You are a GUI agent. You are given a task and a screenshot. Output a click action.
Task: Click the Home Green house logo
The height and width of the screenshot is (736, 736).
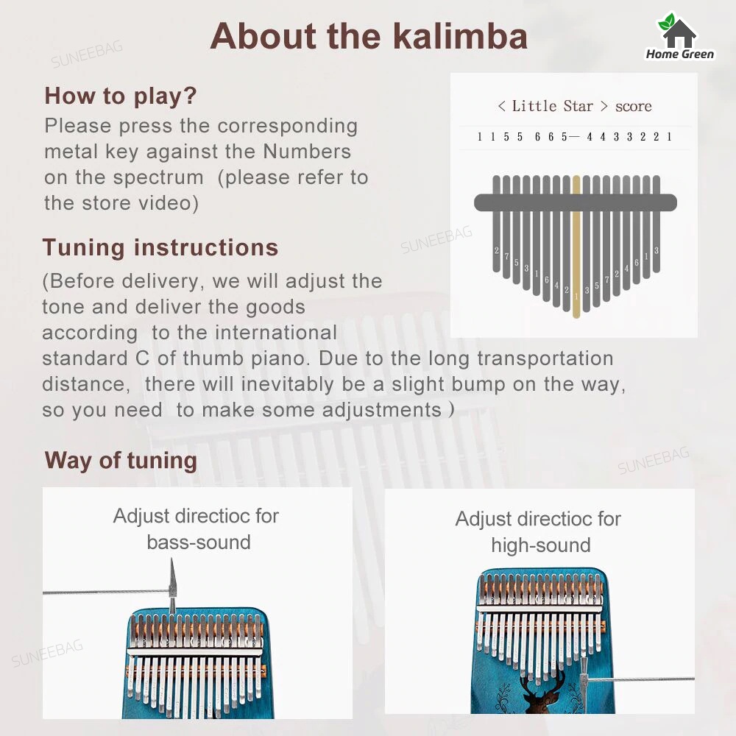(x=679, y=30)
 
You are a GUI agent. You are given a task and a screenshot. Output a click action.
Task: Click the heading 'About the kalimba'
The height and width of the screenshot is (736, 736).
(x=369, y=36)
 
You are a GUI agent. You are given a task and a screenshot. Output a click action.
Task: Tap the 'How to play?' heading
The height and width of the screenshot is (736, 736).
(x=121, y=96)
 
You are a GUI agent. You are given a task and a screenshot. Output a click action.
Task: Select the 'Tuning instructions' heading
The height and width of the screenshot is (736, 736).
(x=160, y=247)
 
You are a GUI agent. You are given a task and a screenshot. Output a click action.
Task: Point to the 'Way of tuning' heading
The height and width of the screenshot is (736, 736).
(x=121, y=461)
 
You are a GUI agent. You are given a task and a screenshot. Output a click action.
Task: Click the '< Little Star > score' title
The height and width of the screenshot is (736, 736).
(x=574, y=106)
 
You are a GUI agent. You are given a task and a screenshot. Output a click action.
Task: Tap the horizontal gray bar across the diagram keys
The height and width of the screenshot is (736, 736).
(x=575, y=202)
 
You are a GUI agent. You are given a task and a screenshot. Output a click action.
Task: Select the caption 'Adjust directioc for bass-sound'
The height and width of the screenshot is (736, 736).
(x=197, y=528)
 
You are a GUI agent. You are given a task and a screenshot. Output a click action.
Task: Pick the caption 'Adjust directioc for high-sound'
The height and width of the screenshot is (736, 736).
(x=538, y=531)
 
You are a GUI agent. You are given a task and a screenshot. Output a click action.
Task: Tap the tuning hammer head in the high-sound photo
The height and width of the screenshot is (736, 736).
(x=584, y=671)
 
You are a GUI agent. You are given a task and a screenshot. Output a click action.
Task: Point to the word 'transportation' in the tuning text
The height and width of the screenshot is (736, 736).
(x=545, y=358)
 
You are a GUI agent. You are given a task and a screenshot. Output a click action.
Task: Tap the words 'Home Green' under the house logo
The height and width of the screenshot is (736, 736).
(x=679, y=54)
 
